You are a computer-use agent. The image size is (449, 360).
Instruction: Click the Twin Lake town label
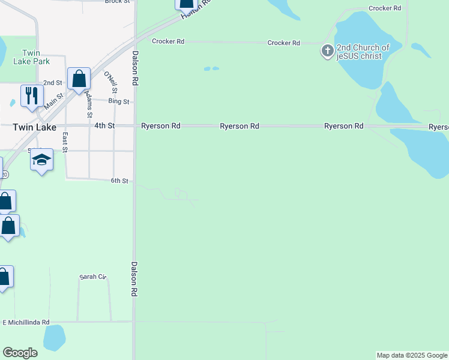[34, 127]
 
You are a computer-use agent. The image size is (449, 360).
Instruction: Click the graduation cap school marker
[41, 160]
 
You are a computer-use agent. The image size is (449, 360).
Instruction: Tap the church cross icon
[327, 51]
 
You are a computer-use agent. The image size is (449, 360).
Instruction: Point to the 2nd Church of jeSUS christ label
[363, 52]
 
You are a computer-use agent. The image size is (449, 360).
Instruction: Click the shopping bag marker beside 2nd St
[79, 79]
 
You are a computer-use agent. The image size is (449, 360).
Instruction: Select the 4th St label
[104, 126]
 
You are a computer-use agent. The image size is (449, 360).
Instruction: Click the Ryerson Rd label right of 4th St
[160, 126]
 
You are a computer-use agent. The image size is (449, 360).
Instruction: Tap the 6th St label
[119, 181]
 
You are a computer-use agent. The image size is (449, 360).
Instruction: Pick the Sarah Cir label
[92, 277]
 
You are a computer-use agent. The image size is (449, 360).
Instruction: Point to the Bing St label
[118, 101]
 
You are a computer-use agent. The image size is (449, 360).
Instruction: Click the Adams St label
[89, 104]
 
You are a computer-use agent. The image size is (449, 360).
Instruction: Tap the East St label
[64, 143]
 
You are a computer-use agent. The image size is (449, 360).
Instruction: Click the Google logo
[20, 353]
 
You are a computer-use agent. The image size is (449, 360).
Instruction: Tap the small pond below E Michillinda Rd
[54, 337]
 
